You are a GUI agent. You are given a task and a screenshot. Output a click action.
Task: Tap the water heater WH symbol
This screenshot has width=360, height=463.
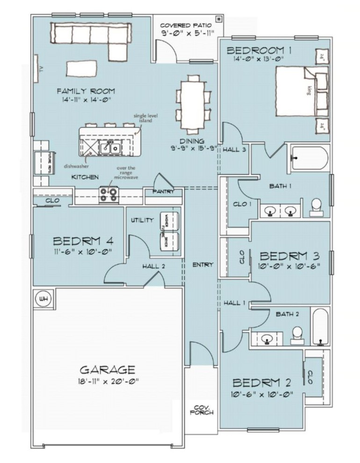pos(44,298)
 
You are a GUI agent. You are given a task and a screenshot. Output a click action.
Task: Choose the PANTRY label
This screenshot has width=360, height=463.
pos(164,192)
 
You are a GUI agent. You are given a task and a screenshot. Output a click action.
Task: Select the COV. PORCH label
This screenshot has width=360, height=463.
pos(202,410)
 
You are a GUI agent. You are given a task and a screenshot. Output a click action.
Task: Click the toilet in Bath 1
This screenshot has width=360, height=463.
pos(317,207)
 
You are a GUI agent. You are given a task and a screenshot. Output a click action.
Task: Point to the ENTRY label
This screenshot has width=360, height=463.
pos(202,265)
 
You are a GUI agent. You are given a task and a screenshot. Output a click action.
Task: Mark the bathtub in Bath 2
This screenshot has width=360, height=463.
pos(320,326)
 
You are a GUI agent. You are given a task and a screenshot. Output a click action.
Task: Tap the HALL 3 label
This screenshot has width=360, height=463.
pos(234,150)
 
